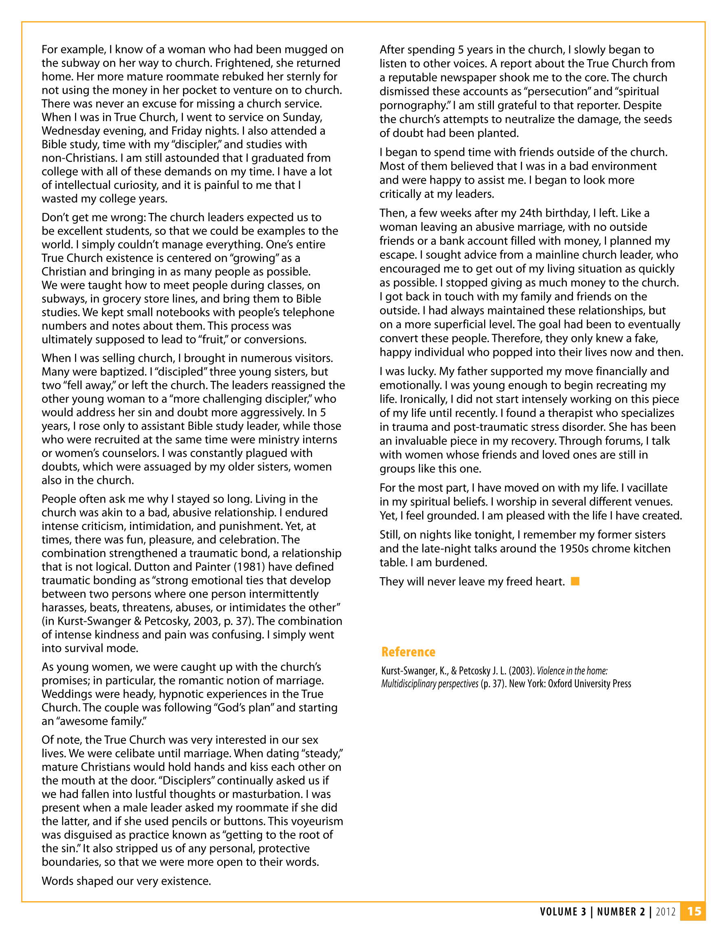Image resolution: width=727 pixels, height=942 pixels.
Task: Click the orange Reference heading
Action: click(408, 652)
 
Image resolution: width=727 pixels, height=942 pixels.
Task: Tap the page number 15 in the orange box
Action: click(694, 911)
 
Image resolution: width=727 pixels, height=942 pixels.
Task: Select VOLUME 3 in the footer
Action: click(563, 912)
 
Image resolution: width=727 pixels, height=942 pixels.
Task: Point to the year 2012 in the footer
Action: click(665, 912)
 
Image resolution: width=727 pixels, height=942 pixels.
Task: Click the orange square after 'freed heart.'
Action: click(575, 581)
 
